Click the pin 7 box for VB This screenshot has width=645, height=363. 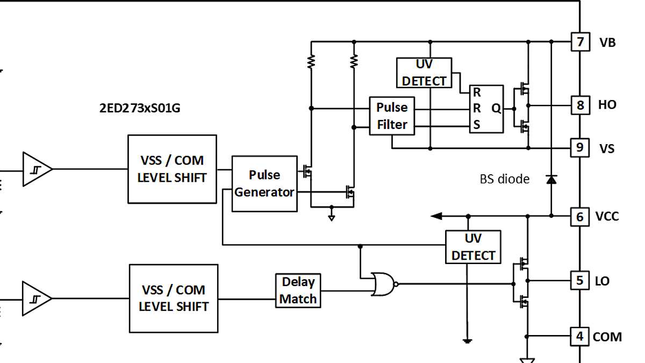point(580,42)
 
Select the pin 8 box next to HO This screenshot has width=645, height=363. point(580,105)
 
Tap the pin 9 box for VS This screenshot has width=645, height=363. point(579,147)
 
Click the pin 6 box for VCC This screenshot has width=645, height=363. point(579,216)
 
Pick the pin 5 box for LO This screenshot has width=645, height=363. point(579,280)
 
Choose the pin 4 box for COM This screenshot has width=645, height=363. point(579,337)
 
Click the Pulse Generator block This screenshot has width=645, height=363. point(264,184)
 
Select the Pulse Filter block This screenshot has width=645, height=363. point(392,116)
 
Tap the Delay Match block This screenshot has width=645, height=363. point(298,291)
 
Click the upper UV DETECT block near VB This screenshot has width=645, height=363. point(424,73)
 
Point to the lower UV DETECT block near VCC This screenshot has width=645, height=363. point(473,247)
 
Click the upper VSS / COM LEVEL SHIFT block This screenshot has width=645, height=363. point(172,169)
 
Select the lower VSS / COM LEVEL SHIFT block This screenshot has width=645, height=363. point(173,298)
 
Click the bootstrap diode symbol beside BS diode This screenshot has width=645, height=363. point(551,179)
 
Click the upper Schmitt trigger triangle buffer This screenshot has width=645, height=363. point(37,169)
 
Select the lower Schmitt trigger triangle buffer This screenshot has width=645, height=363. point(36,298)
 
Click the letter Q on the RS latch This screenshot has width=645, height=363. point(496,109)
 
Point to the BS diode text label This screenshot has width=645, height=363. point(504,179)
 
